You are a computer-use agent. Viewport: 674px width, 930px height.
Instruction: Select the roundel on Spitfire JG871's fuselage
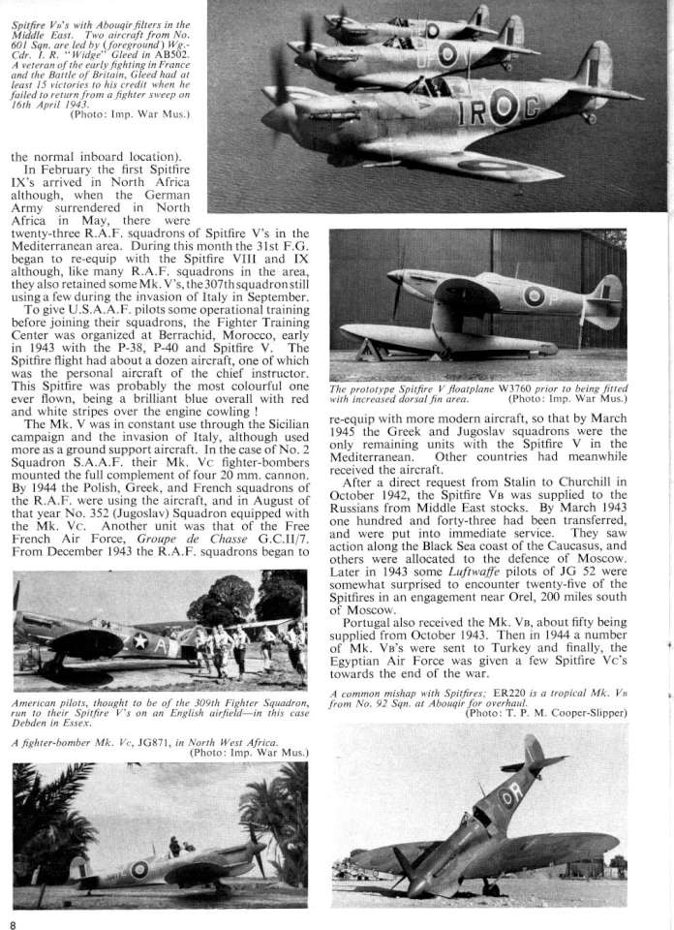click(x=139, y=869)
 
